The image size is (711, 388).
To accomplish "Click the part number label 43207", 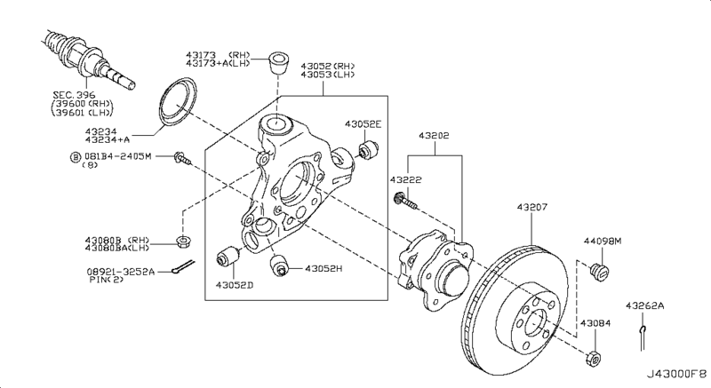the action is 531,208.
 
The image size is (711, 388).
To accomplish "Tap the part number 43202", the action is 434,135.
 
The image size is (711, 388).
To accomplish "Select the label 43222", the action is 406,179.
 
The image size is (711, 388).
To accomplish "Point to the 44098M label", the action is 603,242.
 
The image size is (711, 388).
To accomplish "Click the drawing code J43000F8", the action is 676,375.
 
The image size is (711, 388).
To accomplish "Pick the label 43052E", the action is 363,124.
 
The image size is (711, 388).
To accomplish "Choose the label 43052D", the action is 234,285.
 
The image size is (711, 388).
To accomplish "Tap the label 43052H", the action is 324,268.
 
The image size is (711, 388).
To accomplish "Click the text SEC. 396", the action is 74,95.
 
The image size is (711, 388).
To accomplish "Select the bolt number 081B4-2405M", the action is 117,156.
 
